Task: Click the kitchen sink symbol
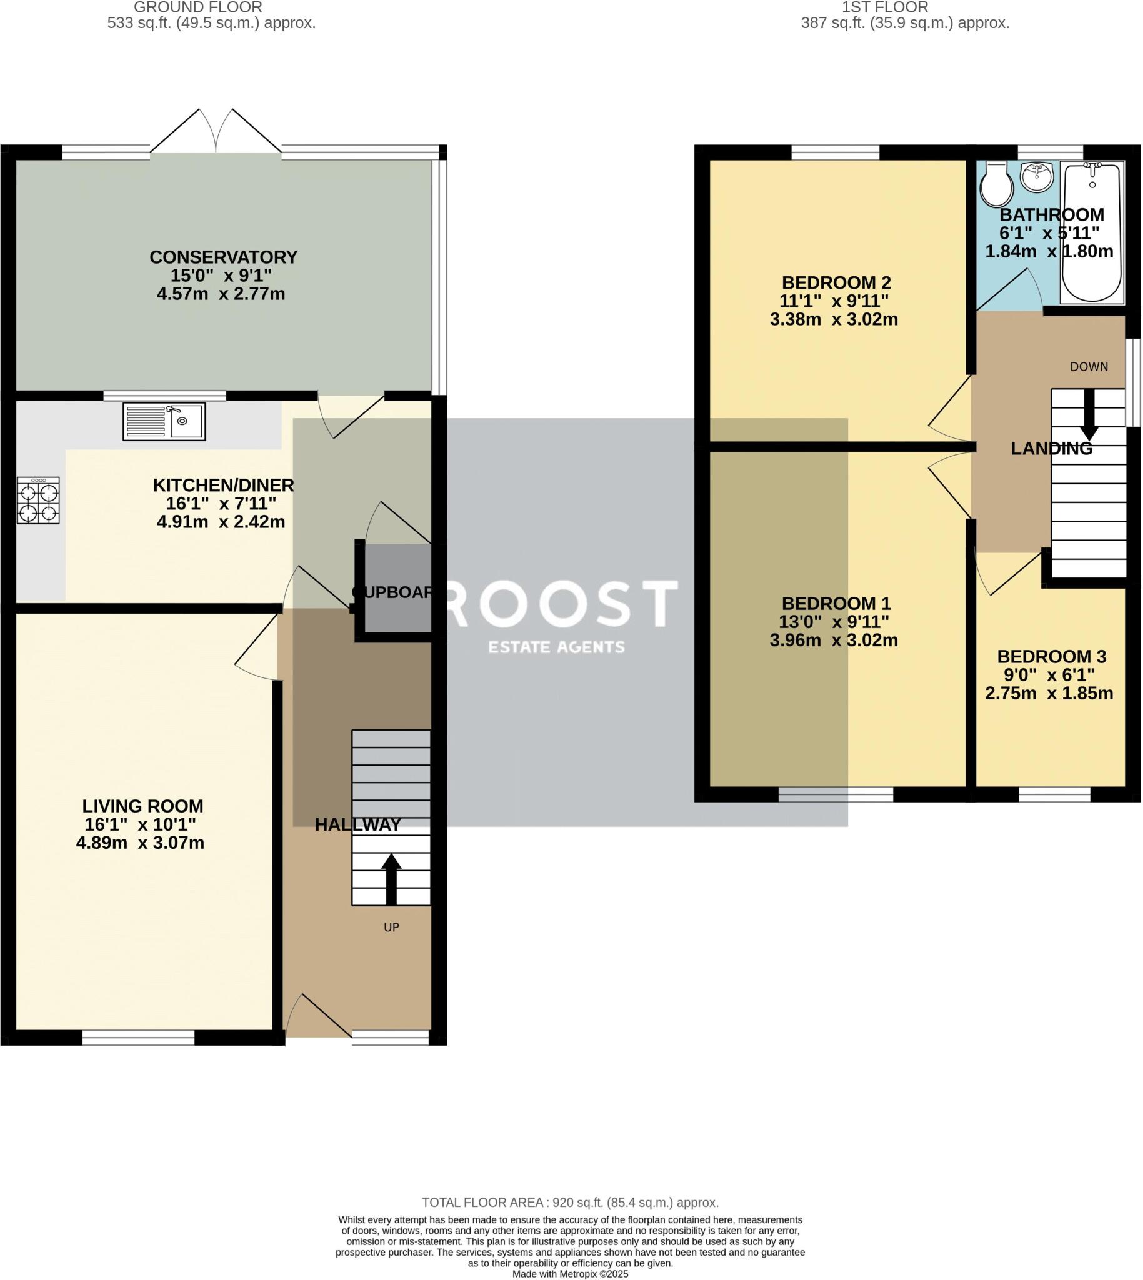[x=164, y=421]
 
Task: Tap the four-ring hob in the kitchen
[x=39, y=501]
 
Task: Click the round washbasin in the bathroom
[x=1037, y=176]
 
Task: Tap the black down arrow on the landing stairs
[x=1089, y=414]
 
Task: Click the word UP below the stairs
[x=391, y=927]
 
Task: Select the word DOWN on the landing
[x=1089, y=367]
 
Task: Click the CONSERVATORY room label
[x=224, y=257]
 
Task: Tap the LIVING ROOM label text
[x=143, y=806]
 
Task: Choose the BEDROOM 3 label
[x=1051, y=656]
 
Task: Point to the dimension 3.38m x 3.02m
[x=834, y=319]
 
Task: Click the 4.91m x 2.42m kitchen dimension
[x=221, y=521]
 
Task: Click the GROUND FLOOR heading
[x=199, y=7]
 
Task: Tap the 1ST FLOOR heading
[x=885, y=7]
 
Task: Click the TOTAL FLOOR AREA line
[x=570, y=1202]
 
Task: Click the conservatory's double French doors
[x=216, y=131]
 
